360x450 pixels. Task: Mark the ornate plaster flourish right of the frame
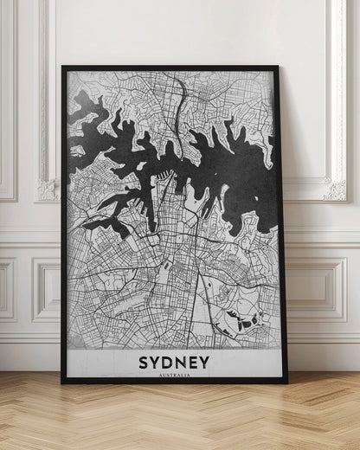(x=334, y=185)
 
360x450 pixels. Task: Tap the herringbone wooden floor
(x=180, y=420)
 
